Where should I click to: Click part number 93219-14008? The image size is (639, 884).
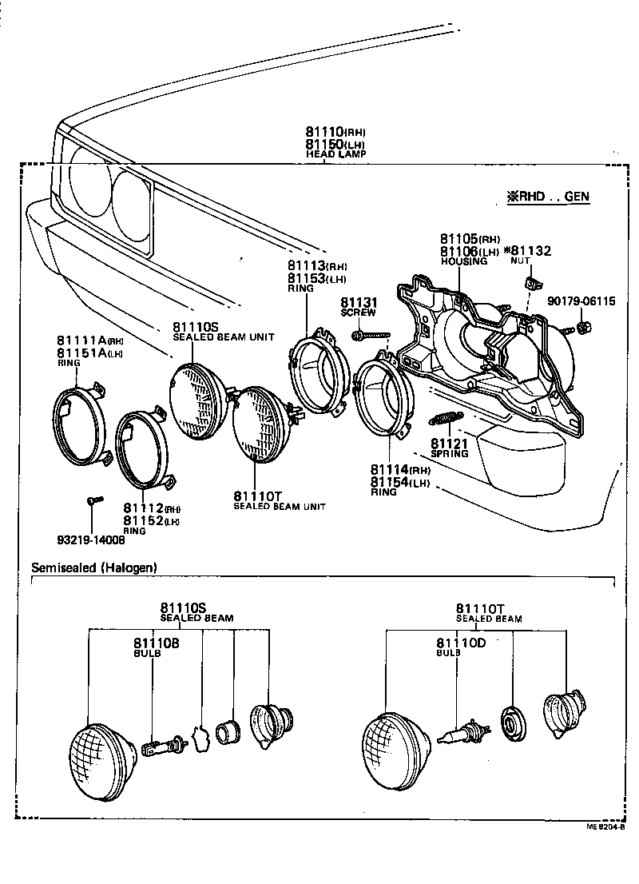click(x=92, y=540)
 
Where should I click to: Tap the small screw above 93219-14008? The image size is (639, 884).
click(x=92, y=501)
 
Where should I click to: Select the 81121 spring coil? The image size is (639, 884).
click(x=448, y=418)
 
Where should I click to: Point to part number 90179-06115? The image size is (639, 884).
click(x=581, y=301)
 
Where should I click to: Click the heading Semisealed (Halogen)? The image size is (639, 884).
click(x=93, y=567)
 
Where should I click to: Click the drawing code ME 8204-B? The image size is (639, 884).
click(x=607, y=827)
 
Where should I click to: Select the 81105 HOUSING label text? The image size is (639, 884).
click(x=470, y=249)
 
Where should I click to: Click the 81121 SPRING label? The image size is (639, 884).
click(x=450, y=448)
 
